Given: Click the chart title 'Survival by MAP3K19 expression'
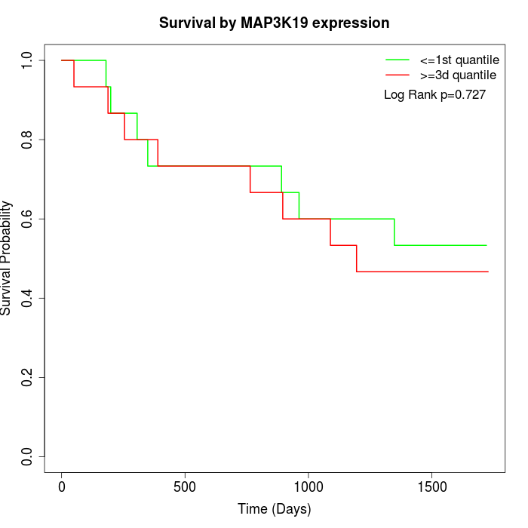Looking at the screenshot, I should tap(274, 23).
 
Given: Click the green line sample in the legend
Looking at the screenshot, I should tap(397, 60).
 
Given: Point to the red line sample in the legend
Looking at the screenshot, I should tap(397, 75).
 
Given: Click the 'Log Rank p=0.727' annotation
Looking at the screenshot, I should tap(434, 95).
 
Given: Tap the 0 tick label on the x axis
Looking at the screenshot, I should tap(62, 487).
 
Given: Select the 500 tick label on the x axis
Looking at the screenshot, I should tap(185, 487).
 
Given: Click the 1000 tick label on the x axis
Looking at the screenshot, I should tap(309, 487).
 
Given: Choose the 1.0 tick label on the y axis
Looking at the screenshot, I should tap(28, 60).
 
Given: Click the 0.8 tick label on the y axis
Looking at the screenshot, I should tap(28, 140).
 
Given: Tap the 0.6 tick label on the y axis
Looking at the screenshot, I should tap(28, 219).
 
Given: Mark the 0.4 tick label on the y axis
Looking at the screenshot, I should tap(28, 298).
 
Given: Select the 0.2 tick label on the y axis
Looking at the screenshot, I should tap(28, 377).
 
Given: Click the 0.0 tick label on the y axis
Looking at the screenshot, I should tap(28, 456).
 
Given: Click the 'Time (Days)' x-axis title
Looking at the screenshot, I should tap(274, 509).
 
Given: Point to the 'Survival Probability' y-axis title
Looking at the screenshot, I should tap(8, 258).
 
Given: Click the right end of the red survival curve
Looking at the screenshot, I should tap(487, 272).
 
